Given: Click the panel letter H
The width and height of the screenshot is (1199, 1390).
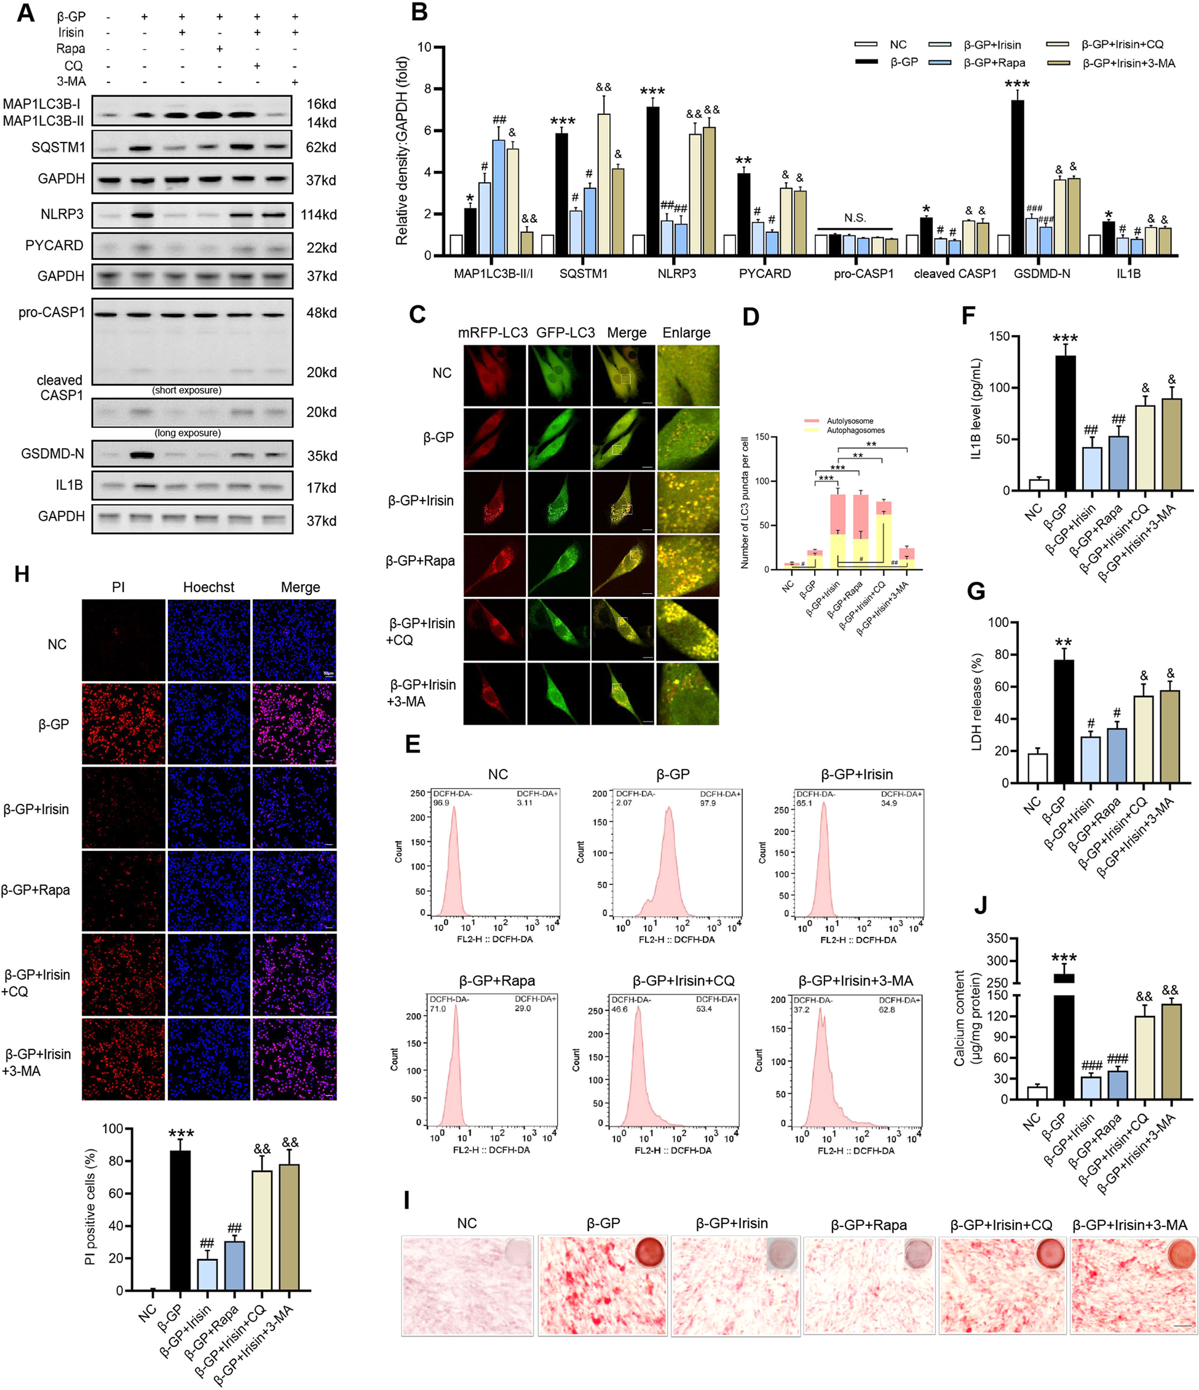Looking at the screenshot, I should tap(22, 574).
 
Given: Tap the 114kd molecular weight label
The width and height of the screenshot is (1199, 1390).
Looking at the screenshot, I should tap(319, 215).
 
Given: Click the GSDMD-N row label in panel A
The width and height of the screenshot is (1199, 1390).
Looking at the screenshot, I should tap(52, 454).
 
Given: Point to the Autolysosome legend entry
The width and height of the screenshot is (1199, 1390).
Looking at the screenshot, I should tap(849, 421).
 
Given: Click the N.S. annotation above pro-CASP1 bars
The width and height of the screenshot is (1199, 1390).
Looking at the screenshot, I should tap(855, 218).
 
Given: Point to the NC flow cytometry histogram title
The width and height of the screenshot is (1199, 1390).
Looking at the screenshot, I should tap(497, 774).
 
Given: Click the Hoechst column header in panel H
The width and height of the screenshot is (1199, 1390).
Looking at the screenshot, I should tap(208, 587).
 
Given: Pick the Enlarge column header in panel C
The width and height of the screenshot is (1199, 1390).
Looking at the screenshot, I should tap(686, 333).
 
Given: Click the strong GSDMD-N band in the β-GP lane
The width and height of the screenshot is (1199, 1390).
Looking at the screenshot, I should tap(141, 456).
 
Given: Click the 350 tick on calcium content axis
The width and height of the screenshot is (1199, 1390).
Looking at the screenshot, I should tap(997, 939).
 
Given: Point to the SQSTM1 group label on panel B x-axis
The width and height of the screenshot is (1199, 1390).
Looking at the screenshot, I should tap(583, 274).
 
